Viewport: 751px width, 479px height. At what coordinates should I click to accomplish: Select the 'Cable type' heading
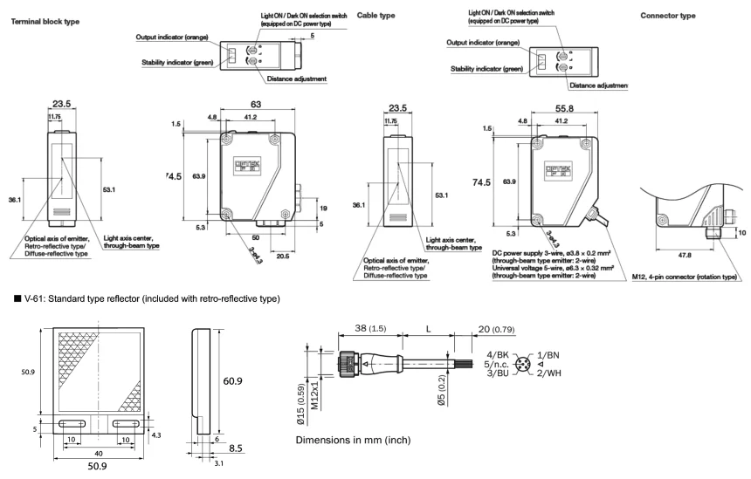(377, 16)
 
